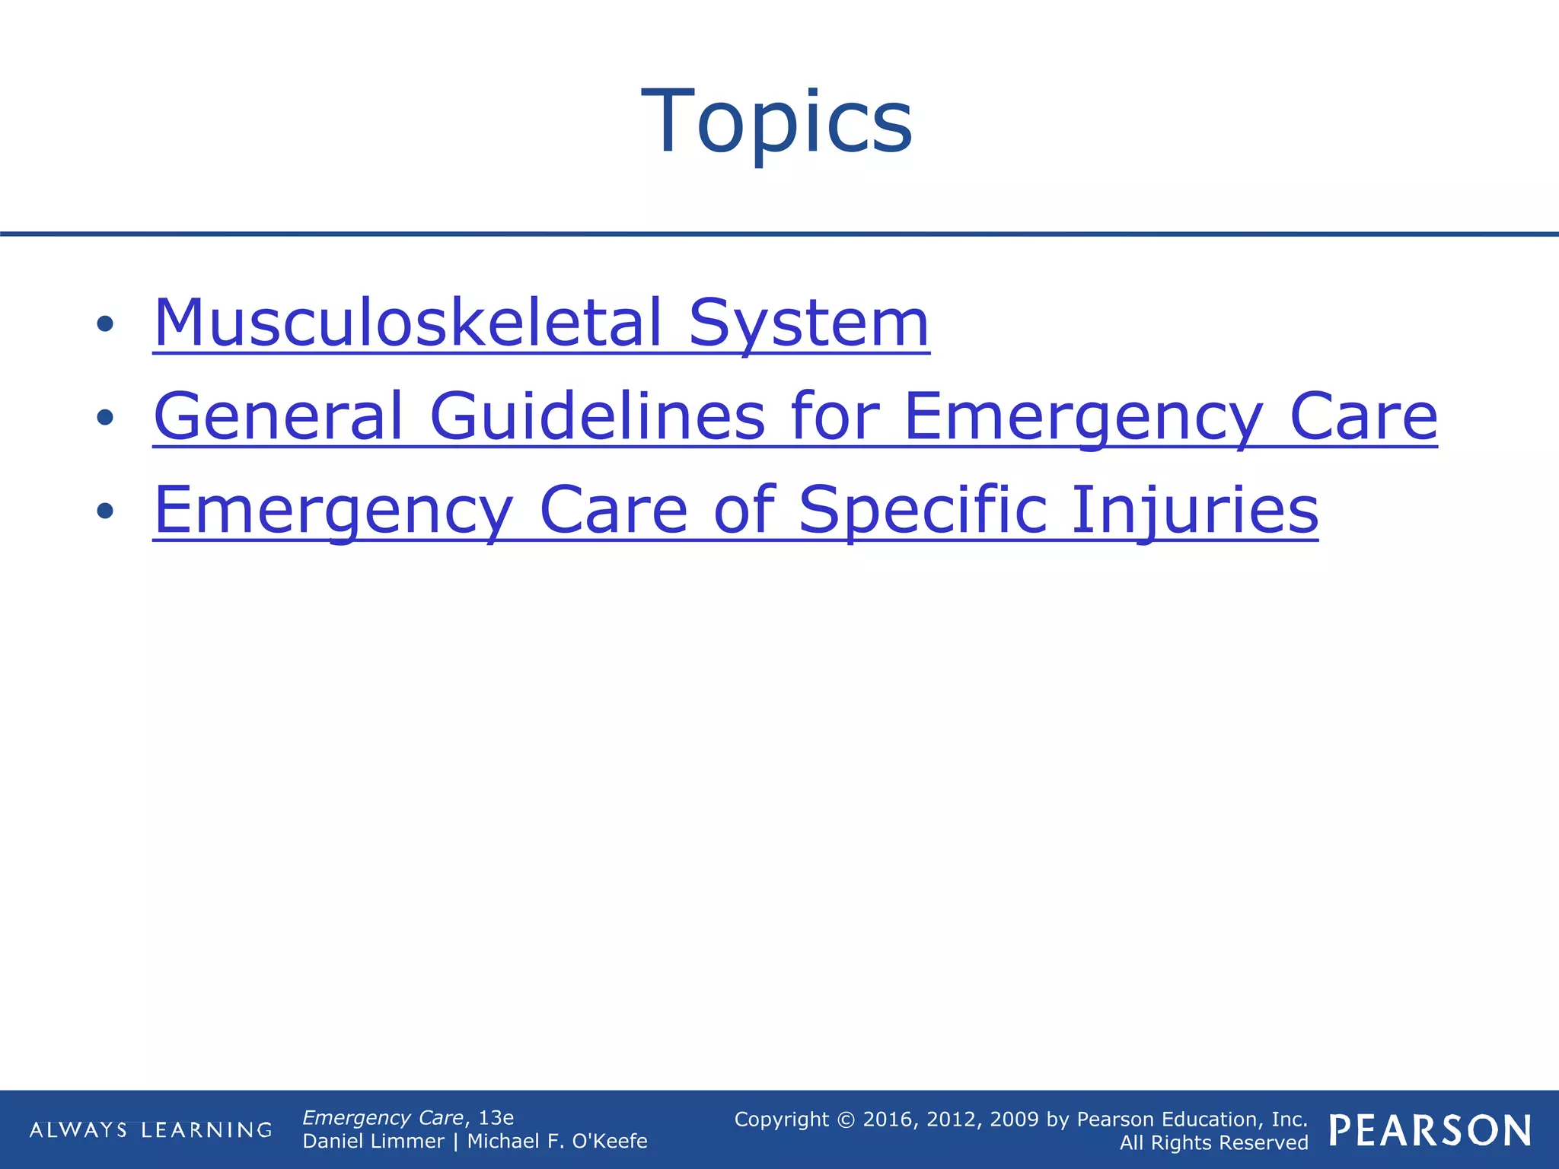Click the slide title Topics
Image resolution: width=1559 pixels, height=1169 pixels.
pos(777,122)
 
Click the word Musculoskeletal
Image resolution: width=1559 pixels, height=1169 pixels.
pos(408,323)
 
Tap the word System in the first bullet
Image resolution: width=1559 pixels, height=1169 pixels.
pos(808,323)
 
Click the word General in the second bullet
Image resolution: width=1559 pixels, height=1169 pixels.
pos(278,416)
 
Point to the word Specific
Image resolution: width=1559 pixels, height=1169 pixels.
pos(923,510)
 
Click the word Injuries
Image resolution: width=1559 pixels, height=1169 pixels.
pos(1194,510)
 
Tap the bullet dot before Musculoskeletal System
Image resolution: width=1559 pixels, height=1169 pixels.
pos(105,324)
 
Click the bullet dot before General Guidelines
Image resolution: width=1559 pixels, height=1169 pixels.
pos(105,417)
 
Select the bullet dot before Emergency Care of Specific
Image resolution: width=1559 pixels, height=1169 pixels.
pos(105,511)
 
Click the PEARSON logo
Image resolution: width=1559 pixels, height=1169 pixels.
pos(1430,1131)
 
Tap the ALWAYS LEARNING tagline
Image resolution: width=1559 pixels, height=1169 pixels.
pos(151,1130)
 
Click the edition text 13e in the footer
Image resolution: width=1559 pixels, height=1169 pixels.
pos(496,1117)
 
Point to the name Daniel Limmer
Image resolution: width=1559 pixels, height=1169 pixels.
pos(373,1141)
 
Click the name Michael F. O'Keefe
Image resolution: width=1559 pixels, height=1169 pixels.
pos(556,1141)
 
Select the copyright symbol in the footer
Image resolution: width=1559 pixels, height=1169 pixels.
pos(846,1120)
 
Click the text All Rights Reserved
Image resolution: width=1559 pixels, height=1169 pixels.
pos(1213,1143)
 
